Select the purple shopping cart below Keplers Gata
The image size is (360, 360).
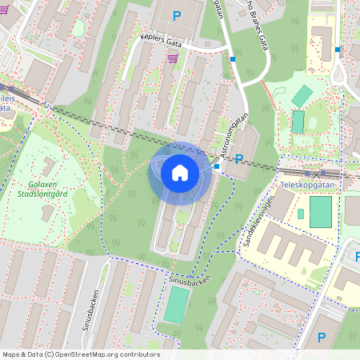(173, 58)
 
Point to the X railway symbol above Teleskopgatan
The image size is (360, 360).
(316, 174)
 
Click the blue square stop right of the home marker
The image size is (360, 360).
(217, 166)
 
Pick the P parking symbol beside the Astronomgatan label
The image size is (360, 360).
(238, 160)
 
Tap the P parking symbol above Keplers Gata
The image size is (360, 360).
(177, 15)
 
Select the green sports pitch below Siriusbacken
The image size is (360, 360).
(177, 305)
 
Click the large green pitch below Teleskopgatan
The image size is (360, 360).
(320, 211)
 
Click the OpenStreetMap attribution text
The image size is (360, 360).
(80, 354)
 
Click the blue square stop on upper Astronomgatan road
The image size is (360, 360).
(233, 58)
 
